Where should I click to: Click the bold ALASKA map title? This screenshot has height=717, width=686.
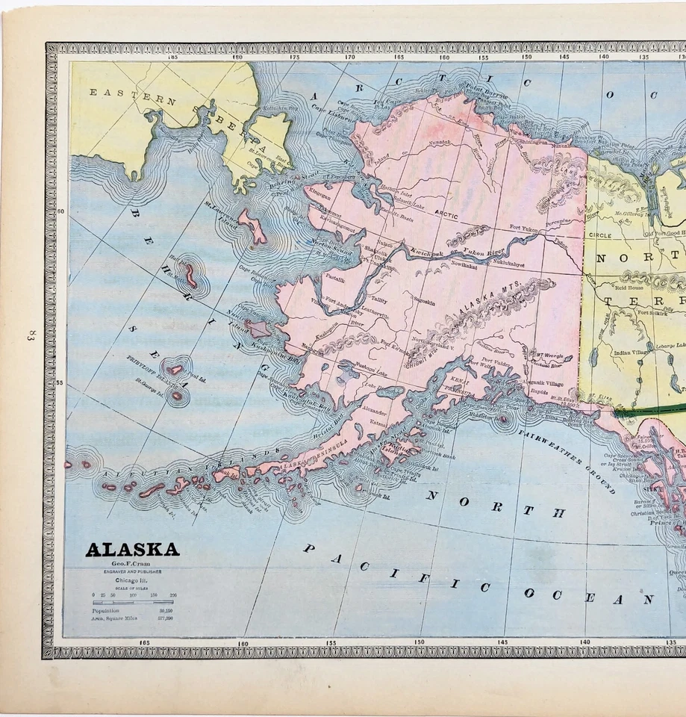132,550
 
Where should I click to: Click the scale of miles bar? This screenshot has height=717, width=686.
132,600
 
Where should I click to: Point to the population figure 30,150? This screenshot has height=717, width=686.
166,610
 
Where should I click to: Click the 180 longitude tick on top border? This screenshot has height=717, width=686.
237,58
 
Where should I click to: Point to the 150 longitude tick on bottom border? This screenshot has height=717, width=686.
419,642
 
